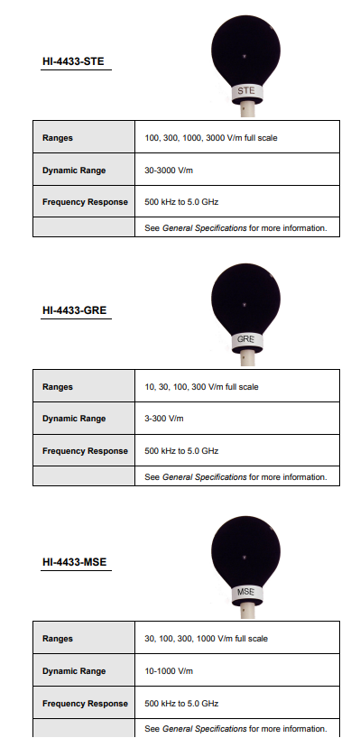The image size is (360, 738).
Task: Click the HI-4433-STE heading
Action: pos(75,63)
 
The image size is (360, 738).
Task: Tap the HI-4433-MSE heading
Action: pos(75,562)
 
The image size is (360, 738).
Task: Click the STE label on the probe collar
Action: pos(245,91)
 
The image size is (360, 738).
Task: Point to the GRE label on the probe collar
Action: pos(245,340)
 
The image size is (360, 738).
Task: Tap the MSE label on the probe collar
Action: pos(245,592)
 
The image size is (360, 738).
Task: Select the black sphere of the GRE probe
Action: pos(245,300)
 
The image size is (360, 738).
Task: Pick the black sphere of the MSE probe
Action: pos(245,552)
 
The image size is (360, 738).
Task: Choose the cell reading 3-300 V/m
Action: pos(163,419)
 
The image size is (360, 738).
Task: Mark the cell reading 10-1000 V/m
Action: pos(168,671)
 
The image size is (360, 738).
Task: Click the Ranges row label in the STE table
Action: pos(58,138)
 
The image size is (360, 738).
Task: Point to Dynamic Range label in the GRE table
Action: pos(74,419)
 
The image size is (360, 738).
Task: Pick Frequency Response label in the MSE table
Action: pos(85,704)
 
